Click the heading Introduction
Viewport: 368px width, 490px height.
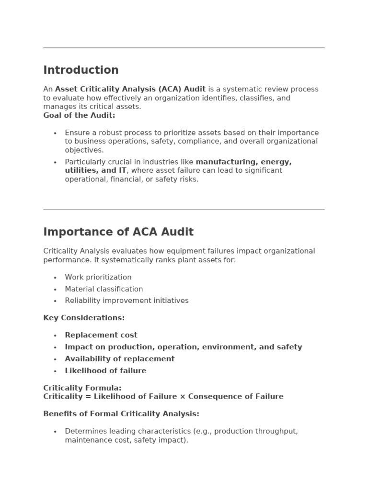tap(81, 70)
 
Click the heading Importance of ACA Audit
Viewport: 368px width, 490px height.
tap(118, 232)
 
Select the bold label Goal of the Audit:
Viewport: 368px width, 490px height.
tap(79, 115)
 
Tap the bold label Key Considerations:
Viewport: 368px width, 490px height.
tap(84, 318)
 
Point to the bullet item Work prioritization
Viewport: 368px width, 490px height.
tap(98, 277)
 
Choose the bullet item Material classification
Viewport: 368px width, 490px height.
tap(104, 289)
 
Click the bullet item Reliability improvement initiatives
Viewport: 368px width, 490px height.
tap(126, 301)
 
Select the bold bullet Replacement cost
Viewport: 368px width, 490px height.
tap(101, 335)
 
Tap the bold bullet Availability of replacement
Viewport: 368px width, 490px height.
tap(120, 359)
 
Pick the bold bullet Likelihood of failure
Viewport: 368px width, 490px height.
tap(105, 370)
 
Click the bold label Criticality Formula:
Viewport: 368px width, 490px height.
tap(82, 388)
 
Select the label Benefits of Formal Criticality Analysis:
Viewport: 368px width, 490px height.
tap(121, 413)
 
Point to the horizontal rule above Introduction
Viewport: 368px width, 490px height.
tap(184, 48)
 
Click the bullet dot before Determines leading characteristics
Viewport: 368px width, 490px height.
tap(55, 432)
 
